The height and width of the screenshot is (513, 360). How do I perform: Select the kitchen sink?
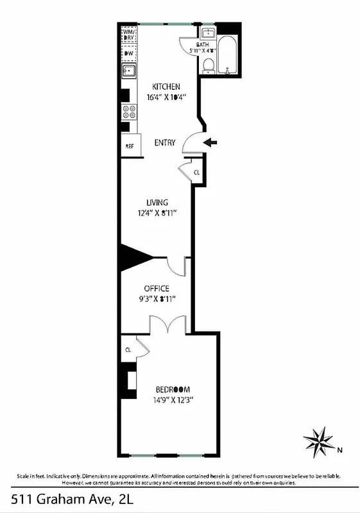coord(128,71)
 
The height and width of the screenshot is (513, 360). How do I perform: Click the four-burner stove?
coord(129,112)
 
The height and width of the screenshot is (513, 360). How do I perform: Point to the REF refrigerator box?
coord(129,146)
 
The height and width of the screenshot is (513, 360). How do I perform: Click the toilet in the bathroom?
coord(209,65)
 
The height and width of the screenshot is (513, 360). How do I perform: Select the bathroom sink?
coord(207,33)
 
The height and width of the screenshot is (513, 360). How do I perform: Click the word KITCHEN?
coord(166,87)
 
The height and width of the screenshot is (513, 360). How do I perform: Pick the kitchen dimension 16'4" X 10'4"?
coord(166,98)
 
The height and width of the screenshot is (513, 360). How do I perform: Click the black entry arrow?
coord(210,142)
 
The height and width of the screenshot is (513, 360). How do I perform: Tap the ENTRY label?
coord(165,143)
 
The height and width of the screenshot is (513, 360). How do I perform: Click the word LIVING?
coord(157,203)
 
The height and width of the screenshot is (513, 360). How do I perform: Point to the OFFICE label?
coord(156,289)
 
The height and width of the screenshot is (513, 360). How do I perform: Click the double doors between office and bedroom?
coord(168,325)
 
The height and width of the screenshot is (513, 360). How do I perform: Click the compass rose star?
coord(318,441)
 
